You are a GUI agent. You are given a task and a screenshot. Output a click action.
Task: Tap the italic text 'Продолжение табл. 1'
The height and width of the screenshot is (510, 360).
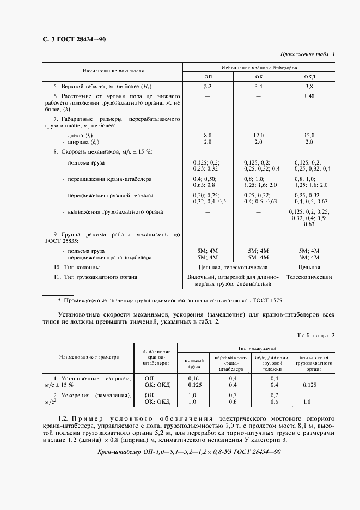(x=308, y=54)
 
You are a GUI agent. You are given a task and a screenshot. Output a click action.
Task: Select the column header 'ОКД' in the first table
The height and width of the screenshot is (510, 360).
(x=309, y=77)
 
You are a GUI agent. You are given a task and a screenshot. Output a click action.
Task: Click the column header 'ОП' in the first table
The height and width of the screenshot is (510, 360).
(x=208, y=77)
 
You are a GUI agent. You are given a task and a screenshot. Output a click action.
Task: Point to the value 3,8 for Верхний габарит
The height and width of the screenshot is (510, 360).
(x=309, y=87)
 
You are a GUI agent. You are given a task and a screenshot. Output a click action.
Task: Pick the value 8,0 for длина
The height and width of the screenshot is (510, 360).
(x=208, y=135)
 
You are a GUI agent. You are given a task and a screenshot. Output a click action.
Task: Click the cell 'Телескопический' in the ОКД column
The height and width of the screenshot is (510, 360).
(x=309, y=277)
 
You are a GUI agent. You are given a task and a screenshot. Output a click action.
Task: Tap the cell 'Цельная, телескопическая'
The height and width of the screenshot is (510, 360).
(x=233, y=268)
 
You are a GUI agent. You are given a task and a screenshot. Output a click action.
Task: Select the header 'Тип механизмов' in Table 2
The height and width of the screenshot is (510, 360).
(x=257, y=347)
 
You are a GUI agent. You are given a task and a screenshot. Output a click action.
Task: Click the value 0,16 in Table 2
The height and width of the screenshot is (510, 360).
(x=194, y=378)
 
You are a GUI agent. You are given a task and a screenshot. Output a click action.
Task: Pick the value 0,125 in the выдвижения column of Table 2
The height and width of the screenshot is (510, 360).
(x=309, y=385)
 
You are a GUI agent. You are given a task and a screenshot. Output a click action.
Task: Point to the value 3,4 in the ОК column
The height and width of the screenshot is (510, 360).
(x=258, y=87)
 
